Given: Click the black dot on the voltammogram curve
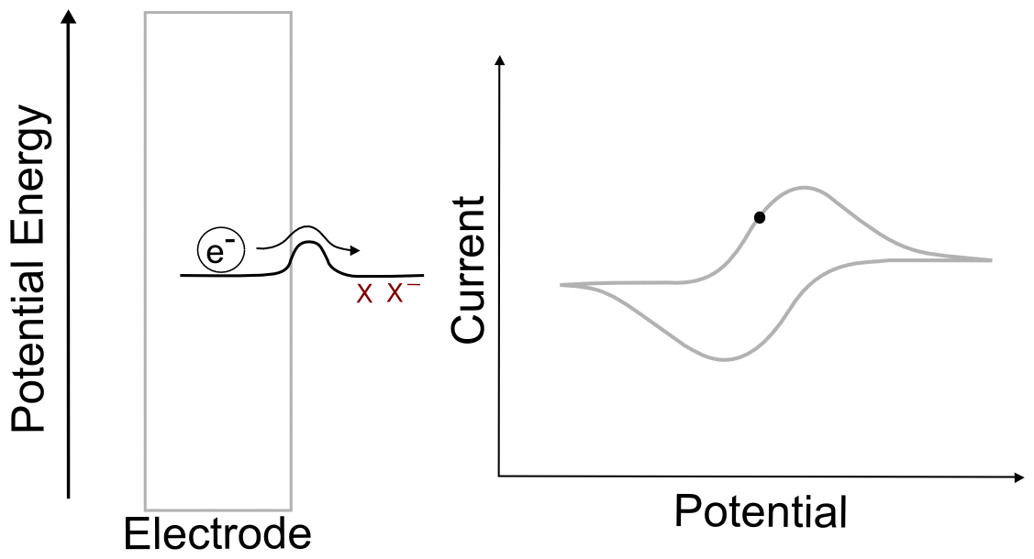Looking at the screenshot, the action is pyautogui.click(x=759, y=217).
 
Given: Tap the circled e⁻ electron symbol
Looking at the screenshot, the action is pyautogui.click(x=216, y=250).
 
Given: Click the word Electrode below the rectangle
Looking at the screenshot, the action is pyautogui.click(x=217, y=533).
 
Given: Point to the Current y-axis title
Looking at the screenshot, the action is pyautogui.click(x=469, y=270).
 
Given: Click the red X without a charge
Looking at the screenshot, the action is pyautogui.click(x=364, y=295).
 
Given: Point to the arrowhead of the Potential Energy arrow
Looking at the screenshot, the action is pyautogui.click(x=69, y=16).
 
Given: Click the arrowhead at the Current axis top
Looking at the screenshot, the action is pyautogui.click(x=499, y=61).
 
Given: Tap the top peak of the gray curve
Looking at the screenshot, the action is pyautogui.click(x=805, y=188).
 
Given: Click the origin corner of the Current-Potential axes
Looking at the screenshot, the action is pyautogui.click(x=499, y=477).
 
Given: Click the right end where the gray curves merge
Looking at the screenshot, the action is pyautogui.click(x=991, y=260).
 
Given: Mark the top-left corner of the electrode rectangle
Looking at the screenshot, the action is pyautogui.click(x=146, y=13).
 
